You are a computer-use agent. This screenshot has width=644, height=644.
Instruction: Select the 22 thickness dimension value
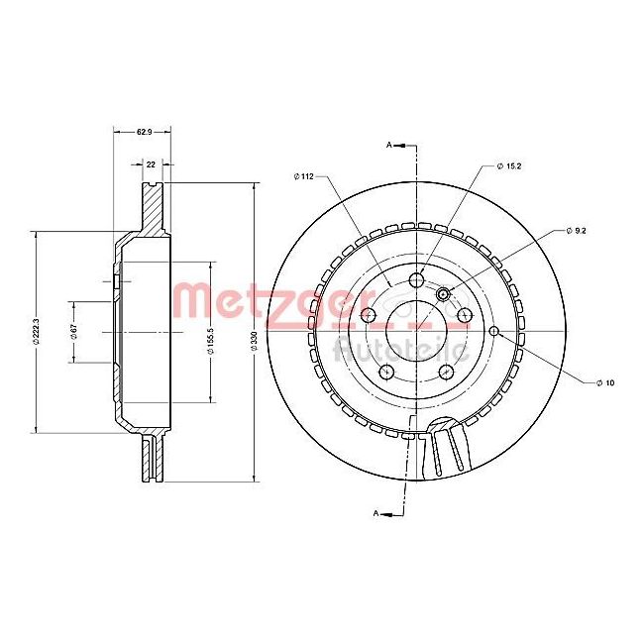[x=151, y=165]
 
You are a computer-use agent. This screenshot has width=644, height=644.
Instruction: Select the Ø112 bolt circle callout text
[x=303, y=176]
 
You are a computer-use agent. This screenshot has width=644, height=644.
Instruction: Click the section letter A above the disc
[x=389, y=146]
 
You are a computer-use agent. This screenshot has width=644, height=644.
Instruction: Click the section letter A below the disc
[x=377, y=513]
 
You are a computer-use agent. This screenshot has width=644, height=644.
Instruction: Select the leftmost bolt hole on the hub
[x=369, y=315]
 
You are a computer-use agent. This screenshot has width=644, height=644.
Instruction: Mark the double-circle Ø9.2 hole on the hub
[x=444, y=293]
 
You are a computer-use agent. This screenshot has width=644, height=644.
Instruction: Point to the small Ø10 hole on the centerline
[x=493, y=331]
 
